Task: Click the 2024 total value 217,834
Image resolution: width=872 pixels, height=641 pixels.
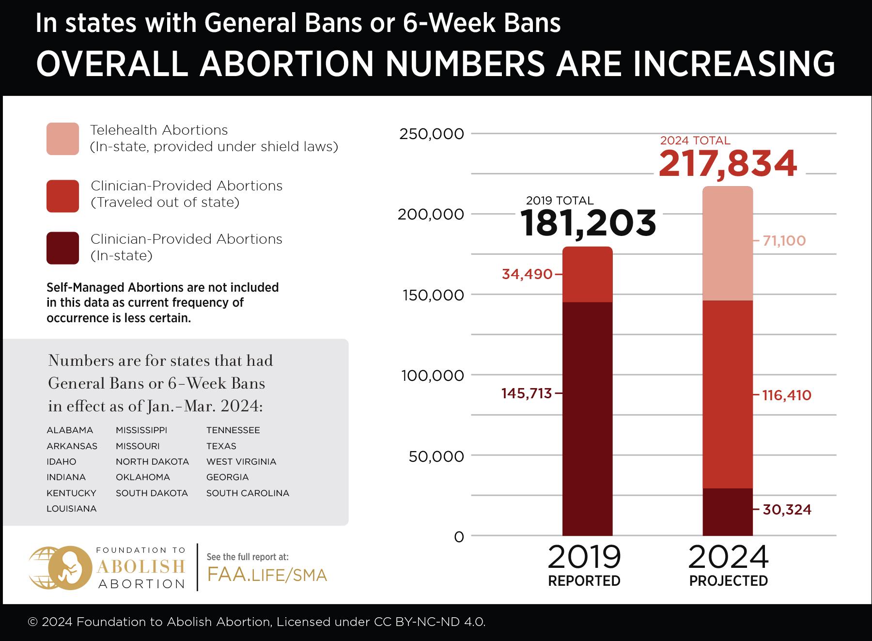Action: pyautogui.click(x=727, y=164)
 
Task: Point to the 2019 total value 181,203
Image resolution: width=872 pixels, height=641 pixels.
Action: pyautogui.click(x=589, y=223)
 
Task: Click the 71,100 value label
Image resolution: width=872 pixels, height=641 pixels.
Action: pyautogui.click(x=784, y=241)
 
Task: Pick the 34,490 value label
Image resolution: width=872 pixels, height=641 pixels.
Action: pyautogui.click(x=527, y=274)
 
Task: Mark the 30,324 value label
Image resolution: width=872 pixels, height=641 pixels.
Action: pyautogui.click(x=787, y=509)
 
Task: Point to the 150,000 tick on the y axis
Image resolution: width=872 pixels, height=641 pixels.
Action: pyautogui.click(x=433, y=295)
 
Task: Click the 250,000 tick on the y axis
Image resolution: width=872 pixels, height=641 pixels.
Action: pyautogui.click(x=431, y=134)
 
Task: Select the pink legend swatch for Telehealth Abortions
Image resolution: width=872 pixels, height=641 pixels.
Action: pyautogui.click(x=62, y=139)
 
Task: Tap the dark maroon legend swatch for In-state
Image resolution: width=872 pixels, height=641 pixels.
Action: pyautogui.click(x=62, y=248)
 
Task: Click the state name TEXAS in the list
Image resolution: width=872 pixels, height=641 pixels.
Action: pyautogui.click(x=221, y=446)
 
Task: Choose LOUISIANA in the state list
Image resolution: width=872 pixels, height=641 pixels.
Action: pyautogui.click(x=71, y=509)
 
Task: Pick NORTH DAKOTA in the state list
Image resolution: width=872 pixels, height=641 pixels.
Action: pyautogui.click(x=152, y=462)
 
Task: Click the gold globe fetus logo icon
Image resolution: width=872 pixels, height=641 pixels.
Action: pyautogui.click(x=61, y=567)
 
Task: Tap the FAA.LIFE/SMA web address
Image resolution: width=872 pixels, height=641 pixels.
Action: pyautogui.click(x=267, y=575)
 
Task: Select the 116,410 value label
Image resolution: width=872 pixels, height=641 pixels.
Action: pyautogui.click(x=786, y=395)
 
